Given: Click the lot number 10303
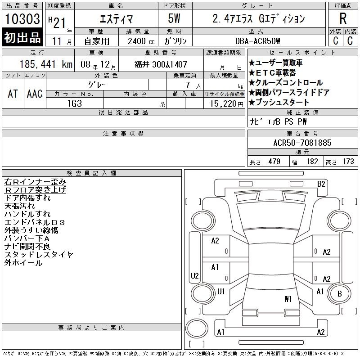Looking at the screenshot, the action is (22, 19).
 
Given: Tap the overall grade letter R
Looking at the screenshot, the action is (343, 18).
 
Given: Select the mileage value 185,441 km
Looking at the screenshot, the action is (46, 64).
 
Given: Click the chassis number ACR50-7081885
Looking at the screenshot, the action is (302, 143).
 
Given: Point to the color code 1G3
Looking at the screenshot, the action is (75, 103).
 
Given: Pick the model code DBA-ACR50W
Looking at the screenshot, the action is (257, 41).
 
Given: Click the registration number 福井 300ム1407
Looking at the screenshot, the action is (161, 64).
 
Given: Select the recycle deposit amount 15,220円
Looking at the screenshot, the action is (227, 104).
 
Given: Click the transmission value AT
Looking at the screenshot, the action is (13, 94).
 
